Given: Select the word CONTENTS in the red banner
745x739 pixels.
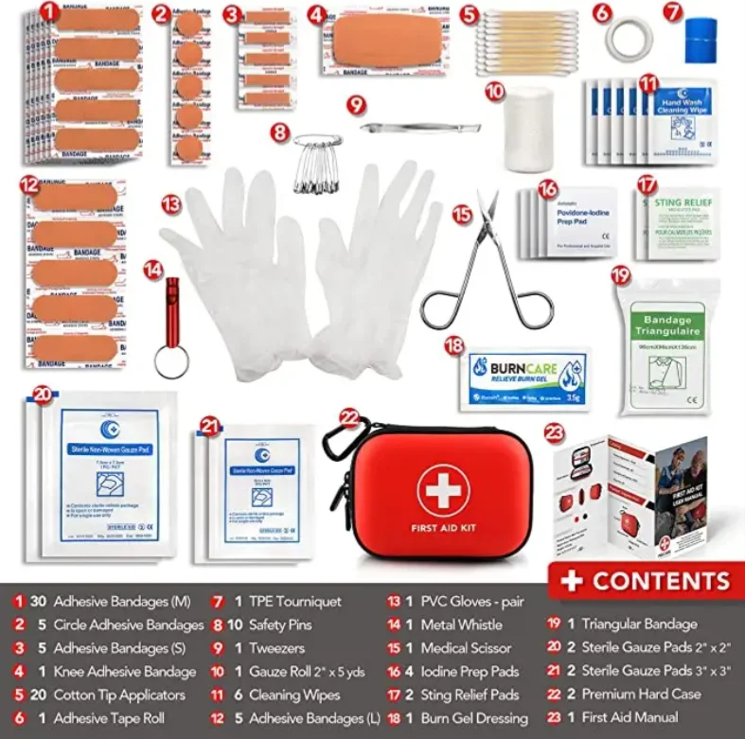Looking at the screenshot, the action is point(661,581).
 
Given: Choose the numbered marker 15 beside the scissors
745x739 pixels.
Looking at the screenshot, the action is point(462,215).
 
